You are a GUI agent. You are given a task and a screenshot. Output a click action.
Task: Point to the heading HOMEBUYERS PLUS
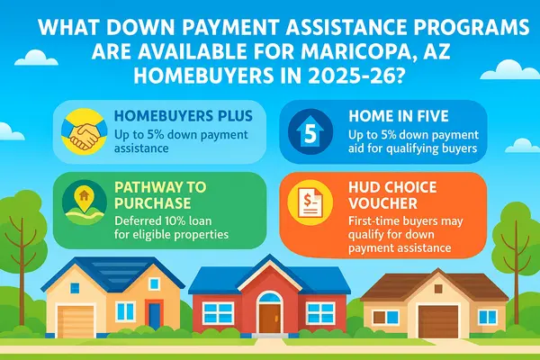(175, 115)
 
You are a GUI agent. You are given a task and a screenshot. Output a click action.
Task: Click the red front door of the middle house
(269, 317)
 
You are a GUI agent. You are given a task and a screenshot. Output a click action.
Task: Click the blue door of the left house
(154, 314)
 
